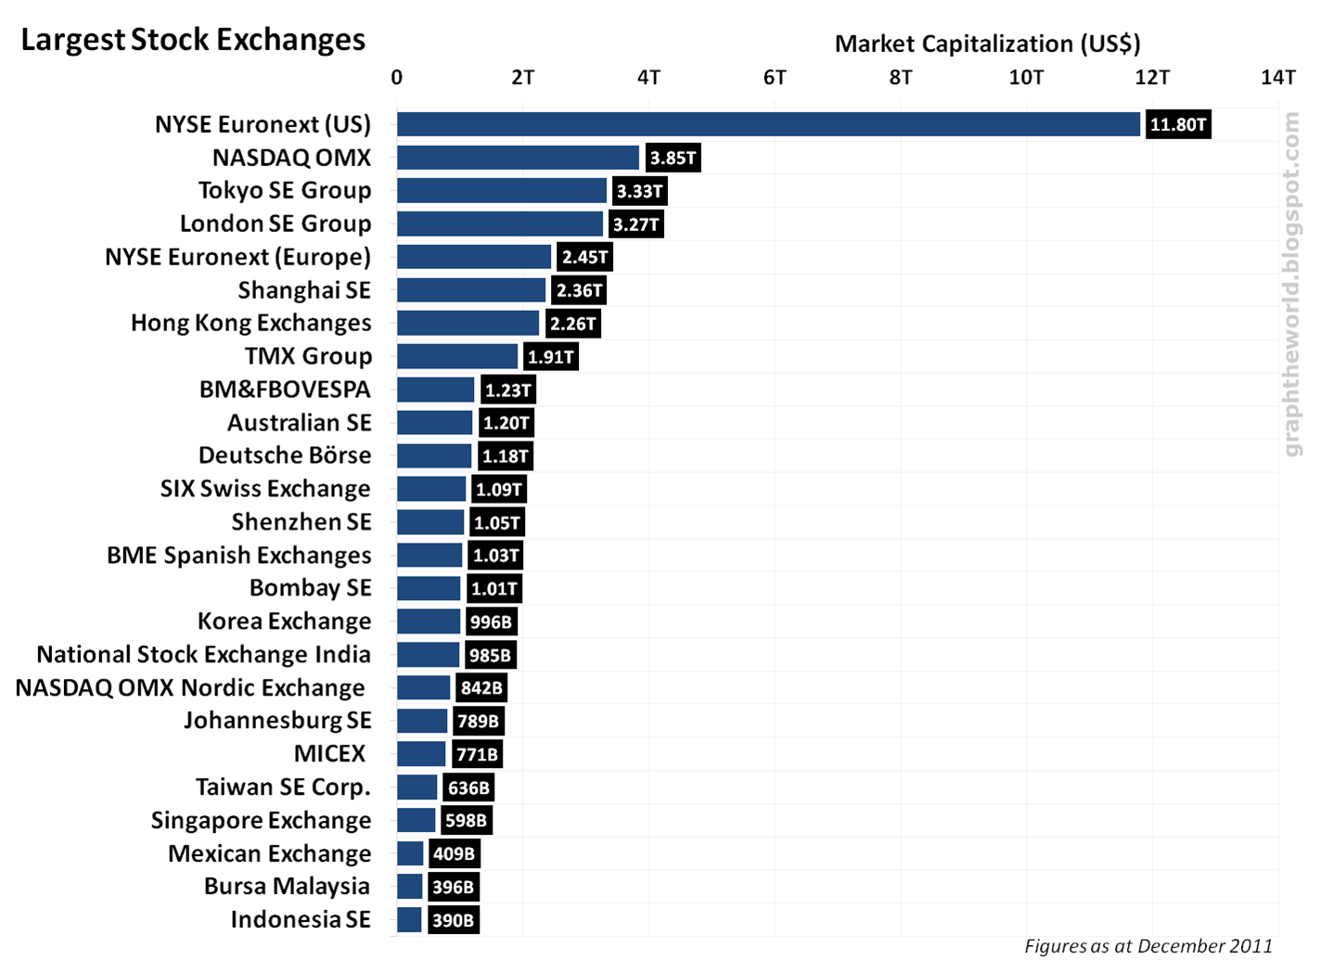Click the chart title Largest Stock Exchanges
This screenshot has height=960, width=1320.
point(193,40)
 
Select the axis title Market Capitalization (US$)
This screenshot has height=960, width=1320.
point(987,44)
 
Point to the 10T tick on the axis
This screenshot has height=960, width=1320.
point(1026,77)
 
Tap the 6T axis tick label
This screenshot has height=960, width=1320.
point(775,77)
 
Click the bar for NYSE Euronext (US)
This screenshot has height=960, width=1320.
point(768,124)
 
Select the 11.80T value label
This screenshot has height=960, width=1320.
point(1178,124)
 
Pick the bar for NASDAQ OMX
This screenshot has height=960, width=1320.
point(518,158)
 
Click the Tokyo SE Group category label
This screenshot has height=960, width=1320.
point(285,190)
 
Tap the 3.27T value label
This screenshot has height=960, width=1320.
point(635,224)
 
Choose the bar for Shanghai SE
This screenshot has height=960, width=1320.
point(471,290)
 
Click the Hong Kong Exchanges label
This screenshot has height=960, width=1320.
point(250,323)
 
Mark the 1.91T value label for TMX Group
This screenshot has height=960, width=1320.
point(550,357)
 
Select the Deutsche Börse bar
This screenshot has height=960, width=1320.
point(434,455)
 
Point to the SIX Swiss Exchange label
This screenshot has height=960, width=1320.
point(265,489)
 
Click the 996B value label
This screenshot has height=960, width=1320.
point(491,621)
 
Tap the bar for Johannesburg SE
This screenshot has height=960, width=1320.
point(422,721)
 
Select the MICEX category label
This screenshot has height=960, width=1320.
point(330,753)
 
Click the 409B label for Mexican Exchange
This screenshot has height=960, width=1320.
point(454,853)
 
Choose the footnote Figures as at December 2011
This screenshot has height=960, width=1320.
point(1148,945)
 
